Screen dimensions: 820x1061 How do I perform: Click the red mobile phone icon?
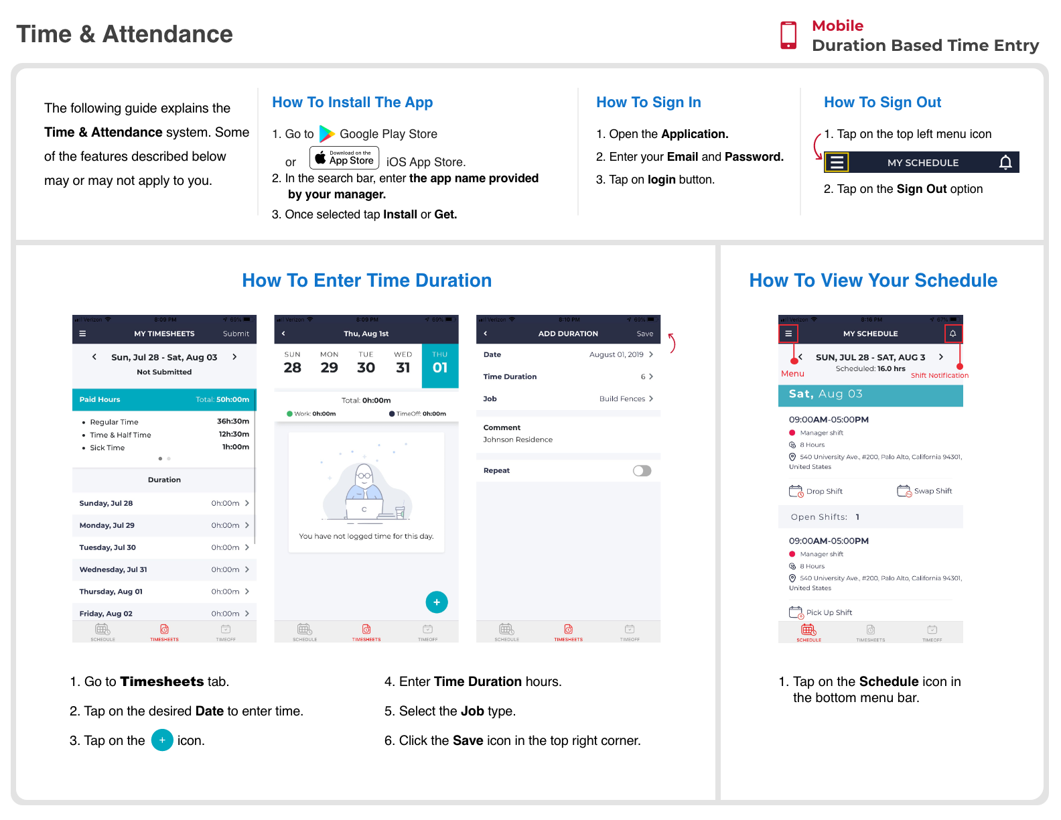(x=788, y=36)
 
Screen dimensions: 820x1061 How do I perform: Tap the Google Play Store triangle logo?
(x=326, y=134)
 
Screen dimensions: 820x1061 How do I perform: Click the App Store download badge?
(x=344, y=158)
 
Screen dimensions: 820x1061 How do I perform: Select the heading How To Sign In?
(x=648, y=102)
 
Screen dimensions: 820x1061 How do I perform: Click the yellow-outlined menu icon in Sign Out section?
(x=837, y=163)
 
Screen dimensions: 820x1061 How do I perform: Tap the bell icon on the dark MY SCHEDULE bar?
(x=1005, y=163)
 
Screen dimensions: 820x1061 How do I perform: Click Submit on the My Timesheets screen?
(x=236, y=334)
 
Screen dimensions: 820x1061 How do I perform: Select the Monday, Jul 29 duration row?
(x=164, y=525)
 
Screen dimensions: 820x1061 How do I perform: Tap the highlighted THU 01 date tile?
(x=439, y=366)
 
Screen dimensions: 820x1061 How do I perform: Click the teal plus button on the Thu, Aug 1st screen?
(x=436, y=602)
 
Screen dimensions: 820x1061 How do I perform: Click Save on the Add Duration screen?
(x=644, y=334)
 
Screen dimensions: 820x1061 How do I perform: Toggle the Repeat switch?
(x=642, y=470)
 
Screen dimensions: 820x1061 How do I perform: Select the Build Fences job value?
(x=622, y=399)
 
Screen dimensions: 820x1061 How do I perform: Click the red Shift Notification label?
(x=939, y=375)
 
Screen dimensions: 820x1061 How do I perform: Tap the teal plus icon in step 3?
(x=162, y=740)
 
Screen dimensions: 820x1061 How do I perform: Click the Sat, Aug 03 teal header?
(x=870, y=395)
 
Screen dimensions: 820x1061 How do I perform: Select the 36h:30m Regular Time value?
(x=232, y=421)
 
